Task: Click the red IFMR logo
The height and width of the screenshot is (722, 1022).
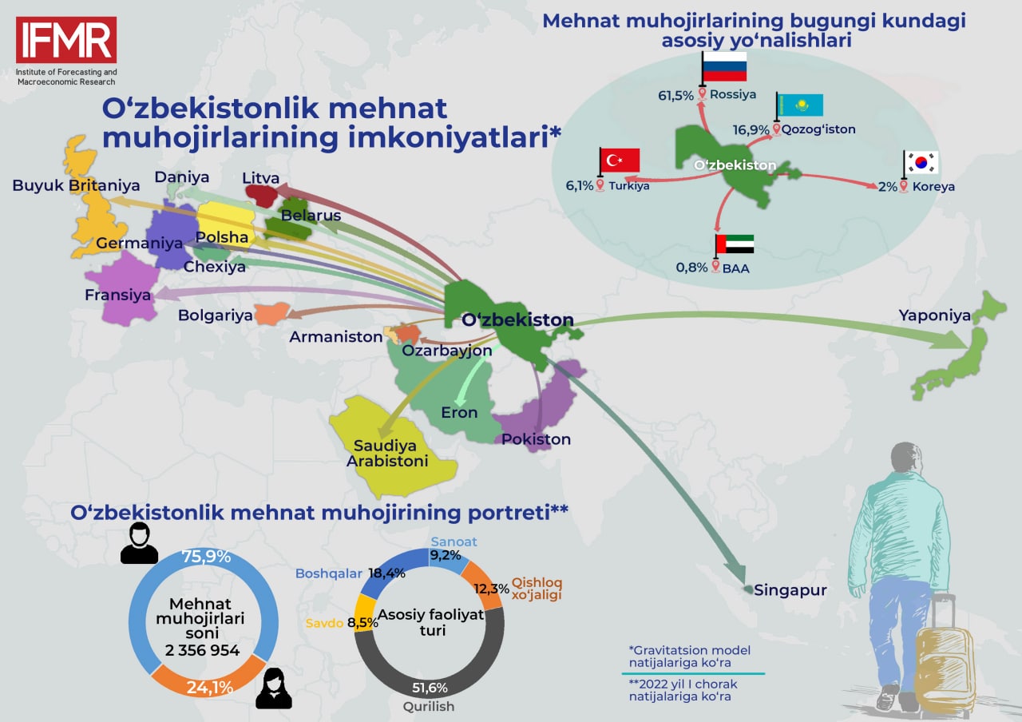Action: [66, 40]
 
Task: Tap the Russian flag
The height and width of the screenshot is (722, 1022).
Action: [724, 66]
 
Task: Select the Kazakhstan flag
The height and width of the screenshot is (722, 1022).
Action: [800, 105]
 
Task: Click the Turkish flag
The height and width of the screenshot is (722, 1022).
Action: [620, 160]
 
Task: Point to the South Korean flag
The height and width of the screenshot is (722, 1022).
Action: [921, 162]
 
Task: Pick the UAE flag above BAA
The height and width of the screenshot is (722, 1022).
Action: [735, 244]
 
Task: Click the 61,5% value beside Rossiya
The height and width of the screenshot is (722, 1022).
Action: [675, 95]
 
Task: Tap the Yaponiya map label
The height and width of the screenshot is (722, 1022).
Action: [934, 315]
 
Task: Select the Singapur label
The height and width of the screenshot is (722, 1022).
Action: [790, 590]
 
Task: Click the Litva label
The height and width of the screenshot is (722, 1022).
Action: [260, 178]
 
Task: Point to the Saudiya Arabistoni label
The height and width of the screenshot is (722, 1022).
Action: [387, 453]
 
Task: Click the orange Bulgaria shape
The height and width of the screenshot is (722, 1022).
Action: [272, 314]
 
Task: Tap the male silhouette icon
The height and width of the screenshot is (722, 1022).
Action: [139, 543]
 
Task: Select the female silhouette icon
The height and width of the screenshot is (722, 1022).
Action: [274, 688]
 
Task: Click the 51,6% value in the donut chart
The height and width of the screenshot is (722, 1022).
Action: [430, 688]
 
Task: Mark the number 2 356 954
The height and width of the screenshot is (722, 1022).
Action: [202, 650]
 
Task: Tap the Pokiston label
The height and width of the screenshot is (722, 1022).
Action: [536, 439]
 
